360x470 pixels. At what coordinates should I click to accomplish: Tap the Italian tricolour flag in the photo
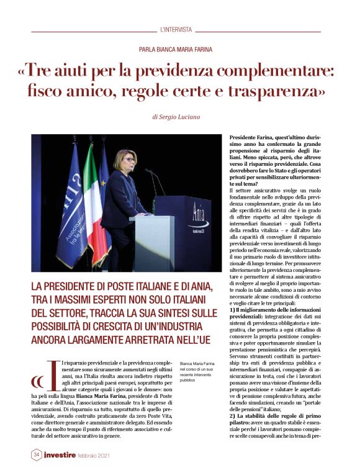(x=91, y=199)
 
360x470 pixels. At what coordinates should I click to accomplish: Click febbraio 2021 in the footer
(x=111, y=455)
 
